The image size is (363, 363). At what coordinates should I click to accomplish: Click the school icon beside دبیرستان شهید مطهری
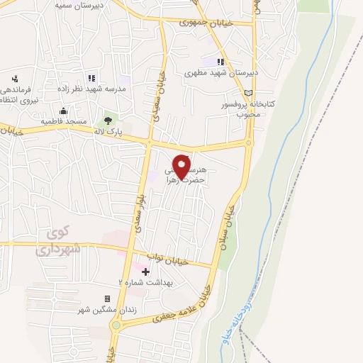coord(220,62)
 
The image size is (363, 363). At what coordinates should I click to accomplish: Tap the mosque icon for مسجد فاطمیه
coord(63,111)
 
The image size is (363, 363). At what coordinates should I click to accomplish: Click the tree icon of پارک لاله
coord(108,121)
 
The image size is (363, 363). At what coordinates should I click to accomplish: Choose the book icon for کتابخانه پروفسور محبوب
coord(247,92)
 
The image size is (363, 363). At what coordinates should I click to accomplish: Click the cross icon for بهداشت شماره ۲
coord(145,272)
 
